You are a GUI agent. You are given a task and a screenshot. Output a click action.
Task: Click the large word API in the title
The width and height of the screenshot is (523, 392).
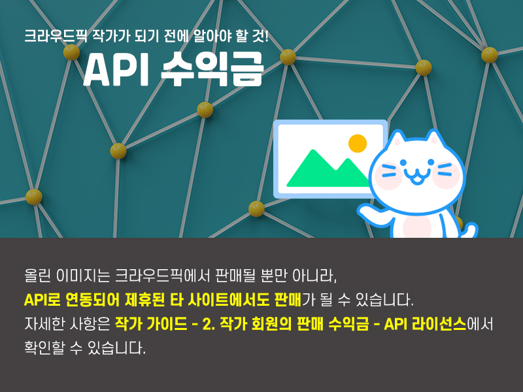[116, 70]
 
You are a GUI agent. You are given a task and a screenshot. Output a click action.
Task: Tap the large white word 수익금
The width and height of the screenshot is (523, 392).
[213, 69]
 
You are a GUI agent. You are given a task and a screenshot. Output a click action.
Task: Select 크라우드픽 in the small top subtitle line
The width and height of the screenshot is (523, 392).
[56, 36]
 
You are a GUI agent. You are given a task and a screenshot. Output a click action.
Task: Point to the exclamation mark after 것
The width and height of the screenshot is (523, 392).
[266, 35]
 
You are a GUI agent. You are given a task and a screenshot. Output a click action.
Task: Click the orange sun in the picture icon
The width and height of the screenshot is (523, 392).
[358, 143]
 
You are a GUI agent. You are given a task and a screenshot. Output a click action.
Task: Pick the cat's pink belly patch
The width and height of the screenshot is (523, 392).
[417, 226]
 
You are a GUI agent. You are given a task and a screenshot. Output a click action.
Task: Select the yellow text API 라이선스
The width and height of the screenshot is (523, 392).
[425, 324]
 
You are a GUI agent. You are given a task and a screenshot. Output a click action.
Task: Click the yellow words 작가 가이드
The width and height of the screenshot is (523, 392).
[151, 324]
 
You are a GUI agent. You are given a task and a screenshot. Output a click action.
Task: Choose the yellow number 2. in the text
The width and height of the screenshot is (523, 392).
[209, 324]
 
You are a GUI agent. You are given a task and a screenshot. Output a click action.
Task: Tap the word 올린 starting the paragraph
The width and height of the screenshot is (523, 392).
[37, 276]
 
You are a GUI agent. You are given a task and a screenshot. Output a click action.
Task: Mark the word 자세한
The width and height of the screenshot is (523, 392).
[44, 324]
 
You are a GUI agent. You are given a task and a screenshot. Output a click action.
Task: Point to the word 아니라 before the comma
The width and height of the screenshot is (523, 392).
[313, 276]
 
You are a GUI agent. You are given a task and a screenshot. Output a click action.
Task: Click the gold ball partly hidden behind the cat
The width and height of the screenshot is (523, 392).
[459, 222]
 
